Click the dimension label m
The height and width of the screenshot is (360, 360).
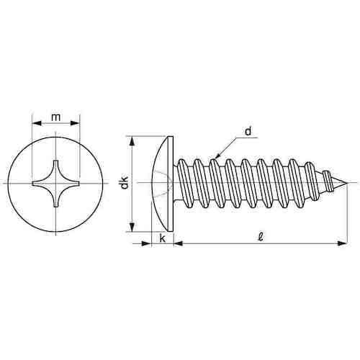(55, 117)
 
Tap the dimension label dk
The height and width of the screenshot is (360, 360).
(125, 183)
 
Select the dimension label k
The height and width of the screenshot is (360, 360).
(163, 238)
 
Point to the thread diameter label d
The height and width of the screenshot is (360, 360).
(248, 131)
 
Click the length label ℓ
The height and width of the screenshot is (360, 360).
(261, 237)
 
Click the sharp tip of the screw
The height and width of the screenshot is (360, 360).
(347, 184)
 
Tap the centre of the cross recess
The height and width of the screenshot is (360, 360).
(55, 184)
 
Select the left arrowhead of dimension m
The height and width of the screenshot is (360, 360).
(37, 123)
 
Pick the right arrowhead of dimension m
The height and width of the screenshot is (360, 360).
(75, 123)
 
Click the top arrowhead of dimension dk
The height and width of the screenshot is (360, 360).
(132, 141)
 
